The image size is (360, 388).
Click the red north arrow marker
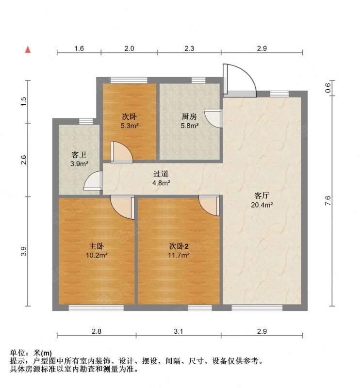pyautogui.click(x=29, y=49)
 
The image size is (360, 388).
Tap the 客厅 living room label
pyautogui.click(x=262, y=195)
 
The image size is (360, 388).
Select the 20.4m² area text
pyautogui.click(x=262, y=205)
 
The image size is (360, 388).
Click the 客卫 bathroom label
pyautogui.click(x=79, y=155)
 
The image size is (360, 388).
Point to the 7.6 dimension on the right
pyautogui.click(x=328, y=201)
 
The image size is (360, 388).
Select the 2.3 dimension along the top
pyautogui.click(x=190, y=48)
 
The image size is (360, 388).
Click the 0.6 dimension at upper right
pyautogui.click(x=328, y=88)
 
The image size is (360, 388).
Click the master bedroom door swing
pyautogui.click(x=121, y=207)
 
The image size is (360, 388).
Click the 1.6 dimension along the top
pyautogui.click(x=80, y=48)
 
